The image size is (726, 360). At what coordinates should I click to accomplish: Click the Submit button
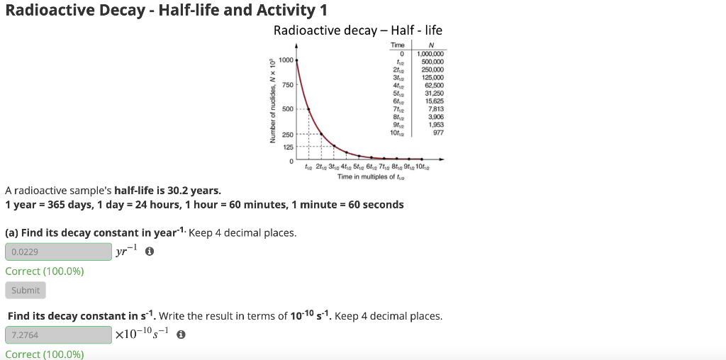26,290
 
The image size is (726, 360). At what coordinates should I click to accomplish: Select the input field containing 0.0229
58,252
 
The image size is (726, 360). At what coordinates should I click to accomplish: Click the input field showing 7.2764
58,334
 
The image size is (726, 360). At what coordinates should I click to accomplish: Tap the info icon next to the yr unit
150,252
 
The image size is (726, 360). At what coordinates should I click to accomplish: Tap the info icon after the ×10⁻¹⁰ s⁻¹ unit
181,334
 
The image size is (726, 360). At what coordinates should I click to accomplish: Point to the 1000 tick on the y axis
286,60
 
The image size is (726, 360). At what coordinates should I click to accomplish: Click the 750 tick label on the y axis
287,85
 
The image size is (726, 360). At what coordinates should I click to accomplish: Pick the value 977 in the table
436,132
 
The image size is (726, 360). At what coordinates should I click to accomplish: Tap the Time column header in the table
398,45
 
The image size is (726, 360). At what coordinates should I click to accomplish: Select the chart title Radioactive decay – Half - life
357,30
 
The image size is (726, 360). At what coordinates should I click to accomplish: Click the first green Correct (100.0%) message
45,271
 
